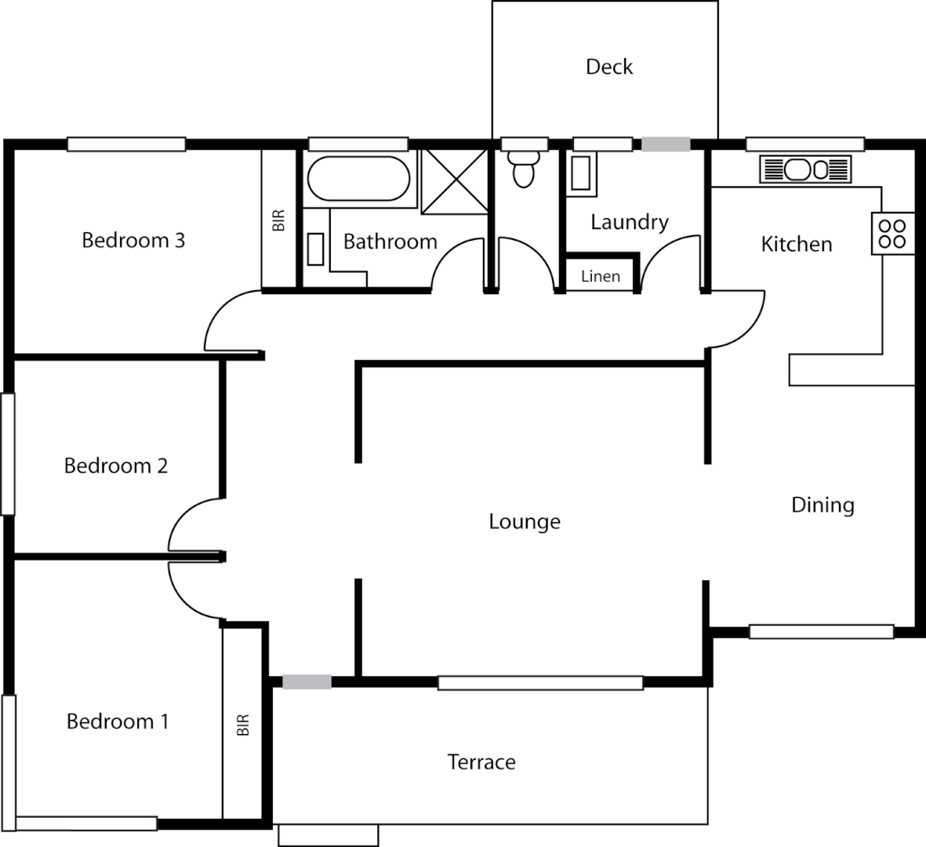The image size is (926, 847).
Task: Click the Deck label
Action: pos(609,67)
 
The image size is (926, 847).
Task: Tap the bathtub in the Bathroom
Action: pos(358,178)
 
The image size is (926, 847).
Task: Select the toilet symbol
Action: pos(524,169)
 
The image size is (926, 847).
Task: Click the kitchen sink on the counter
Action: pos(805,169)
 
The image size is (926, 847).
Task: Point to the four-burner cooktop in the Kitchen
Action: pos(892,234)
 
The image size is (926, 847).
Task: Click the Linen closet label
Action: pos(601,276)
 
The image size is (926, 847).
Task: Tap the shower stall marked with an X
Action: pos(454,180)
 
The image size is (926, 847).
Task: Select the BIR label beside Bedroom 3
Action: pos(279,220)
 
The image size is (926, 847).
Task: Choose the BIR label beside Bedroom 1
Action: pos(243,725)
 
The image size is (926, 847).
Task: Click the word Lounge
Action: pos(525,522)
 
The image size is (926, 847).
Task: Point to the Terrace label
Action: pos(481,762)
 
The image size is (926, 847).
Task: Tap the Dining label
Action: pos(823,506)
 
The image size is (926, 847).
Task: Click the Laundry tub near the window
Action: pos(580,173)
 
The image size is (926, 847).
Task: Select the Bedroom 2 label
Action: pos(116,466)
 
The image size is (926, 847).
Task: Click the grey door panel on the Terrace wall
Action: pos(307,682)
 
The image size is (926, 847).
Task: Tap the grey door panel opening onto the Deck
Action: pos(666,144)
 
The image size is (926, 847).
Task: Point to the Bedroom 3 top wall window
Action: pos(126,144)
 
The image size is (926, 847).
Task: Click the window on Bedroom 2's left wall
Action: pos(8,453)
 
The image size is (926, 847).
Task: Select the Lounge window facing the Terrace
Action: pos(540,683)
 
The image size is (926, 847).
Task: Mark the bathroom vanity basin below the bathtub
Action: pos(316,249)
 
